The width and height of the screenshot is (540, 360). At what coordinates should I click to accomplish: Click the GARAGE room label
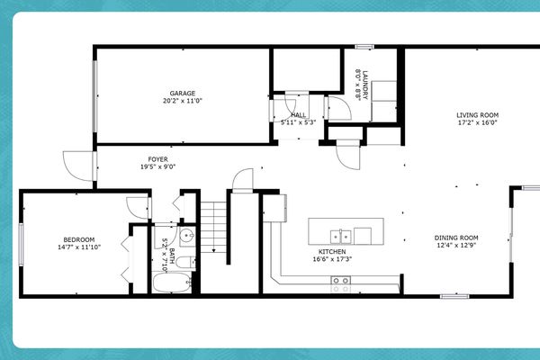pyautogui.click(x=183, y=93)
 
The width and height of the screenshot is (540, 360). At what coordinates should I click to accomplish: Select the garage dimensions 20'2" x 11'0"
pyautogui.click(x=183, y=101)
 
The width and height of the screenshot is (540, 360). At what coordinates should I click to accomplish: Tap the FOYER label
pyautogui.click(x=158, y=159)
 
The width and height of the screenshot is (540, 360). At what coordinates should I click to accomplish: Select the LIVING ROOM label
pyautogui.click(x=477, y=114)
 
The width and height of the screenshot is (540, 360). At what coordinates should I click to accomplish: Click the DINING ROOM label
pyautogui.click(x=457, y=237)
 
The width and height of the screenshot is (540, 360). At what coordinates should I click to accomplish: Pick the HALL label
pyautogui.click(x=299, y=114)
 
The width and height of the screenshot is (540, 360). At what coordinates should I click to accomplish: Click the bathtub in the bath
pyautogui.click(x=171, y=283)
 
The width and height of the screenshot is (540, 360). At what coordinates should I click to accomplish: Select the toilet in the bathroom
pyautogui.click(x=181, y=263)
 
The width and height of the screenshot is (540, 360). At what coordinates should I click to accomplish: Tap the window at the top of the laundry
pyautogui.click(x=364, y=47)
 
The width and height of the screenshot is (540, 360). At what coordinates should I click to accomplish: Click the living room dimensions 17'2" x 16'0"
pyautogui.click(x=477, y=123)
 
